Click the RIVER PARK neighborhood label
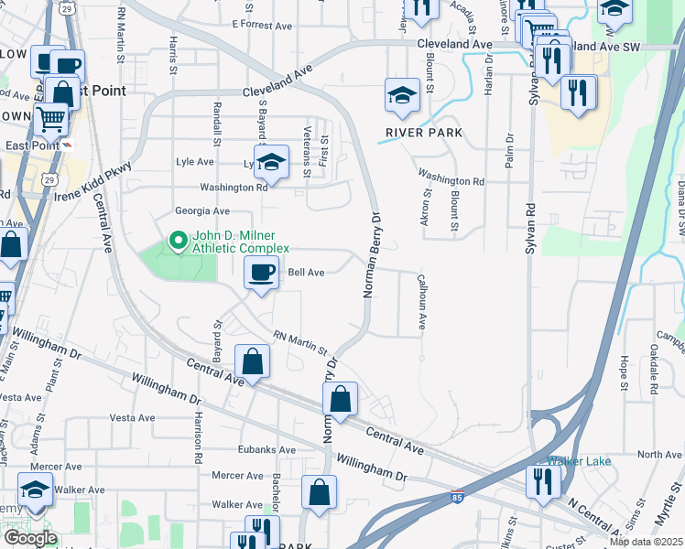(x=423, y=133)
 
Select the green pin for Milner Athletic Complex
(x=177, y=242)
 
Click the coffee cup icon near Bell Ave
(x=262, y=272)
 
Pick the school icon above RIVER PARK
(x=402, y=96)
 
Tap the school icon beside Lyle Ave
(x=271, y=161)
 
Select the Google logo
(x=29, y=538)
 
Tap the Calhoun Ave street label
(x=423, y=301)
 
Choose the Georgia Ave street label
(x=202, y=211)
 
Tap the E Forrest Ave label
(x=263, y=25)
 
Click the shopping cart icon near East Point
(x=51, y=118)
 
